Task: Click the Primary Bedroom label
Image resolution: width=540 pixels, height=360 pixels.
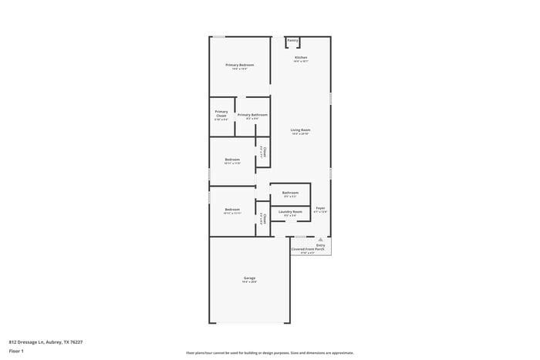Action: pos(239,65)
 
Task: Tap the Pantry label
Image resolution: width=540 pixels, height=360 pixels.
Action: pos(292,40)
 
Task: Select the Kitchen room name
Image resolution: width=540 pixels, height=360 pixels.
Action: pos(301,58)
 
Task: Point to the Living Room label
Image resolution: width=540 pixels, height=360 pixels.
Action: pos(300,130)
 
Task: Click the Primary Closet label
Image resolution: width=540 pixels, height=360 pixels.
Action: pos(221,114)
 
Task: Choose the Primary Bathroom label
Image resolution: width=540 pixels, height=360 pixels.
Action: pos(252,115)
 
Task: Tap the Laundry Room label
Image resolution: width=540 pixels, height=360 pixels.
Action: pos(290,210)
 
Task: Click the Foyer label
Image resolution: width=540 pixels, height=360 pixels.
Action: pos(320,208)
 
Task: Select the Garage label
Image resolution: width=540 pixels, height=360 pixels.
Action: pos(249,278)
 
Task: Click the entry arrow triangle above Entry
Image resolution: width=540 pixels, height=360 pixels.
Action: pos(320,240)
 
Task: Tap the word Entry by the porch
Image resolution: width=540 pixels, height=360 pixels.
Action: pos(320,245)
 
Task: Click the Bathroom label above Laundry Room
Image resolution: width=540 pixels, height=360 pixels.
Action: pos(290,193)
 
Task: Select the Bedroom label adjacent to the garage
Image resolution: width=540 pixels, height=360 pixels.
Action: pos(232,210)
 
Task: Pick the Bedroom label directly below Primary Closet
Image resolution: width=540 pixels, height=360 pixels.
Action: pos(232,160)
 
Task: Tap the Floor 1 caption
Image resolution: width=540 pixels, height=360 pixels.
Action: pos(17,351)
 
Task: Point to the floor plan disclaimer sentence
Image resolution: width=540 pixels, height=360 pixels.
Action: pos(269,352)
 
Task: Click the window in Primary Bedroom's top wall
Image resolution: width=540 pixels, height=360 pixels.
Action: pos(220,36)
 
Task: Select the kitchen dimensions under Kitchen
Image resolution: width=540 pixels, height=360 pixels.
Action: pos(301,62)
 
